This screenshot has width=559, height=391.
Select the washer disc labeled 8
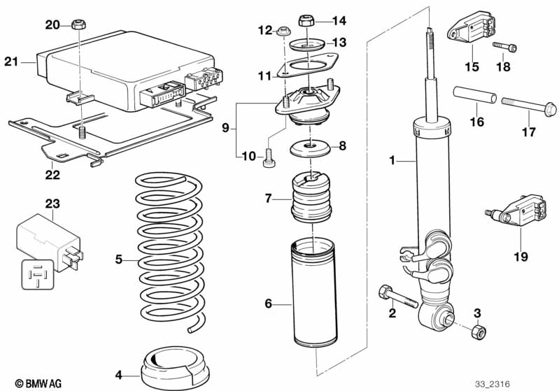[x=311, y=149]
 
